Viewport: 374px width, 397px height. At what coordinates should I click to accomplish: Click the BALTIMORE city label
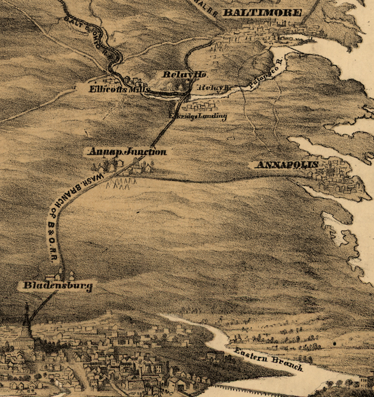tap(262, 12)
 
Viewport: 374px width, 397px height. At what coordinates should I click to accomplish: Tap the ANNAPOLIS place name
tap(287, 165)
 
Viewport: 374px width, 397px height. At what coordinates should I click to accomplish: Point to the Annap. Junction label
tap(127, 152)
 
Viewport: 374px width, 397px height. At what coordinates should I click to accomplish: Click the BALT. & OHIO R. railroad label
tap(86, 30)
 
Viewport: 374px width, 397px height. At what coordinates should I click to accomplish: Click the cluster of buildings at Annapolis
tap(337, 181)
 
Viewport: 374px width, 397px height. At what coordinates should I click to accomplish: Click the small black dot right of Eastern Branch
tap(335, 344)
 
